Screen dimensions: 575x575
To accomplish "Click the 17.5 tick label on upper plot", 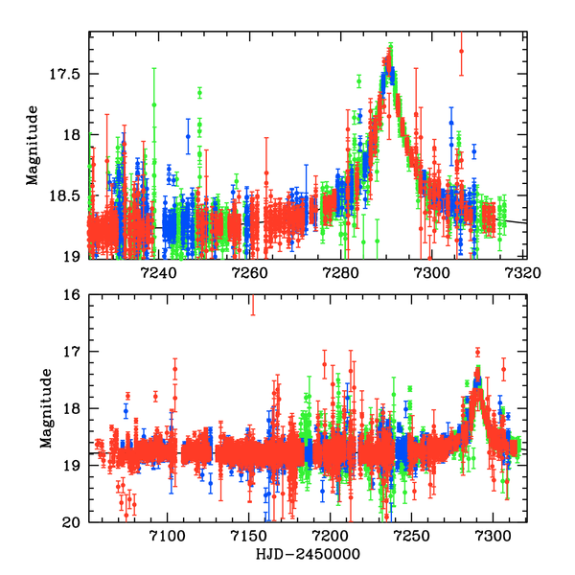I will pyautogui.click(x=65, y=74).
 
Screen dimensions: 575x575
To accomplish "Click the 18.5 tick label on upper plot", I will pyautogui.click(x=65, y=195).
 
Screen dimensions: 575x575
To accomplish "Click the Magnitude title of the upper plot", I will pyautogui.click(x=33, y=147).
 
